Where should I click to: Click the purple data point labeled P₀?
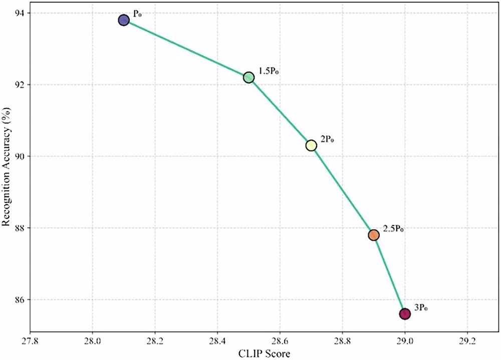124,20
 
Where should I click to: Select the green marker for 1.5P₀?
249,77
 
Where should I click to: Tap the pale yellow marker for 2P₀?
311,145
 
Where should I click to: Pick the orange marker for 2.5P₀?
374,235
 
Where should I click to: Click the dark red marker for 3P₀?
405,314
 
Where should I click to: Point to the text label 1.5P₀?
269,71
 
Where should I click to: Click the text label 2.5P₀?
393,229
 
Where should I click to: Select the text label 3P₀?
422,307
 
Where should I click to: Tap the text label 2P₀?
327,139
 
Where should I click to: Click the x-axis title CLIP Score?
264,353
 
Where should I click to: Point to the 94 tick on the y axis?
20,13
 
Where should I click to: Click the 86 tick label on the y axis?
20,299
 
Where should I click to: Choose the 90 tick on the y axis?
20,156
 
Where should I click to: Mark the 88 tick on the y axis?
20,228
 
